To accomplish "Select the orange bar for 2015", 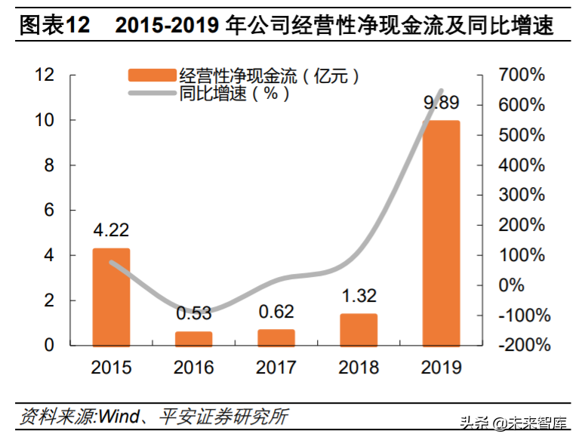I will coord(111,297).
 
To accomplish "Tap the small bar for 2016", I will coord(193,339).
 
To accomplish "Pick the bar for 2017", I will coord(276,337).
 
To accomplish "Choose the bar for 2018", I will coord(358,330).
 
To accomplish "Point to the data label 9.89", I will coord(441,103).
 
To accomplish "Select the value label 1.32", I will coord(358,296).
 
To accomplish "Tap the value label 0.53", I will coord(193,312).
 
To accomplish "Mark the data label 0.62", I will coord(276,311).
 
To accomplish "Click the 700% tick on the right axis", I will coord(522,75).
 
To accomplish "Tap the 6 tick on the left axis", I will coord(49,211).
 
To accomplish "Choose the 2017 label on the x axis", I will coord(276,368).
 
